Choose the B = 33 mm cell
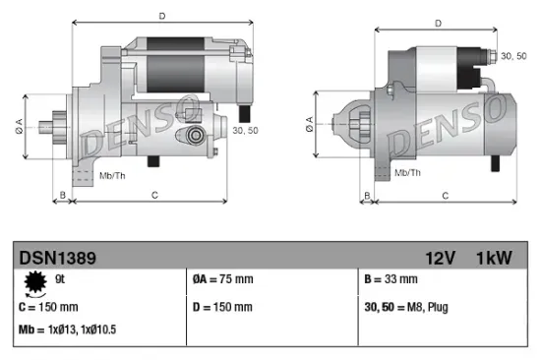point(391,279)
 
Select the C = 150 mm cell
point(48,307)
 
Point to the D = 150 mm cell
point(224,307)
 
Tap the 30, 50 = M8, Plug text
point(405,307)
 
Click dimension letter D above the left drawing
point(163,16)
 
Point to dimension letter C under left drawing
point(154,196)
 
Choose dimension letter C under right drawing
point(445,196)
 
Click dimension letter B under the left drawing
point(63,196)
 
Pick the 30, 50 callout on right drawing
point(513,56)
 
